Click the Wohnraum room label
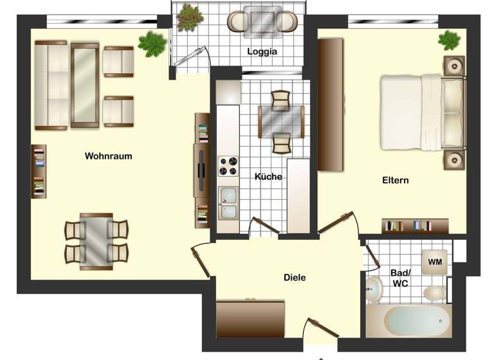[x=108, y=156]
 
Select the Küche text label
[x=268, y=177]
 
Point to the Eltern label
[x=395, y=180]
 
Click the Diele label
[x=295, y=278]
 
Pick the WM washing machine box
[x=435, y=262]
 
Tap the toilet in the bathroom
[x=435, y=293]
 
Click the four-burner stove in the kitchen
[x=227, y=166]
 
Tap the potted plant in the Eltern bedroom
[x=450, y=40]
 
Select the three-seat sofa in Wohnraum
[x=50, y=85]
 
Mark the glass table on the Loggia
[x=262, y=22]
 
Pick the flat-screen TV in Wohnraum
[x=201, y=168]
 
